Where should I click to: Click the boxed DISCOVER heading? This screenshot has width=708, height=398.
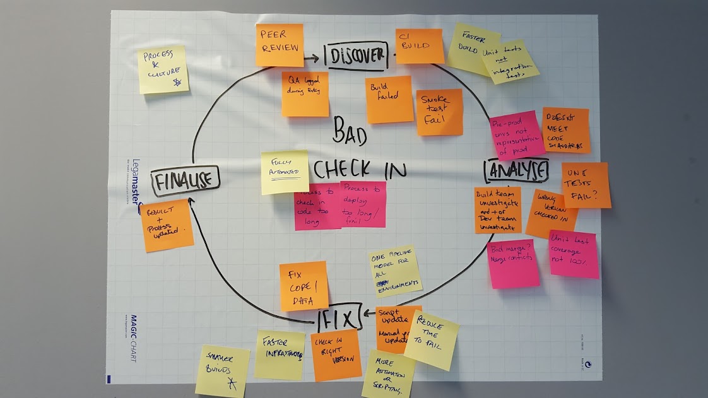pyautogui.click(x=355, y=56)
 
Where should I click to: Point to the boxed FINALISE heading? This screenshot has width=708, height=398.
pyautogui.click(x=185, y=181)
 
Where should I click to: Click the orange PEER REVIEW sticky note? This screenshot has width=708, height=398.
pyautogui.click(x=279, y=44)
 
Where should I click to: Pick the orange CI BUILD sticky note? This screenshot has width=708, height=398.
pyautogui.click(x=420, y=45)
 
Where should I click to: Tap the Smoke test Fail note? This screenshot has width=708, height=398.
pyautogui.click(x=439, y=112)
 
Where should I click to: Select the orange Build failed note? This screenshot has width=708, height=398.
pyautogui.click(x=389, y=99)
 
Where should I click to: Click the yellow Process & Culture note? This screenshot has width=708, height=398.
pyautogui.click(x=163, y=69)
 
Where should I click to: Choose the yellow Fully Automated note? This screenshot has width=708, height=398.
pyautogui.click(x=285, y=172)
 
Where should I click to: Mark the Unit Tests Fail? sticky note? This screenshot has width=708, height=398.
pyautogui.click(x=585, y=185)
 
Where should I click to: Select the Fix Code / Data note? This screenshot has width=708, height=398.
pyautogui.click(x=304, y=286)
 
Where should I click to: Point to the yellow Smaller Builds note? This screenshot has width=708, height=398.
pyautogui.click(x=222, y=371)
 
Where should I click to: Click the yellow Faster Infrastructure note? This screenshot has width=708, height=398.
pyautogui.click(x=280, y=354)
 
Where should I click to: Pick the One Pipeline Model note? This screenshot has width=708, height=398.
pyautogui.click(x=395, y=270)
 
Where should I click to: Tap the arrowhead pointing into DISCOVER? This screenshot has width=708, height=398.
pyautogui.click(x=316, y=59)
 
